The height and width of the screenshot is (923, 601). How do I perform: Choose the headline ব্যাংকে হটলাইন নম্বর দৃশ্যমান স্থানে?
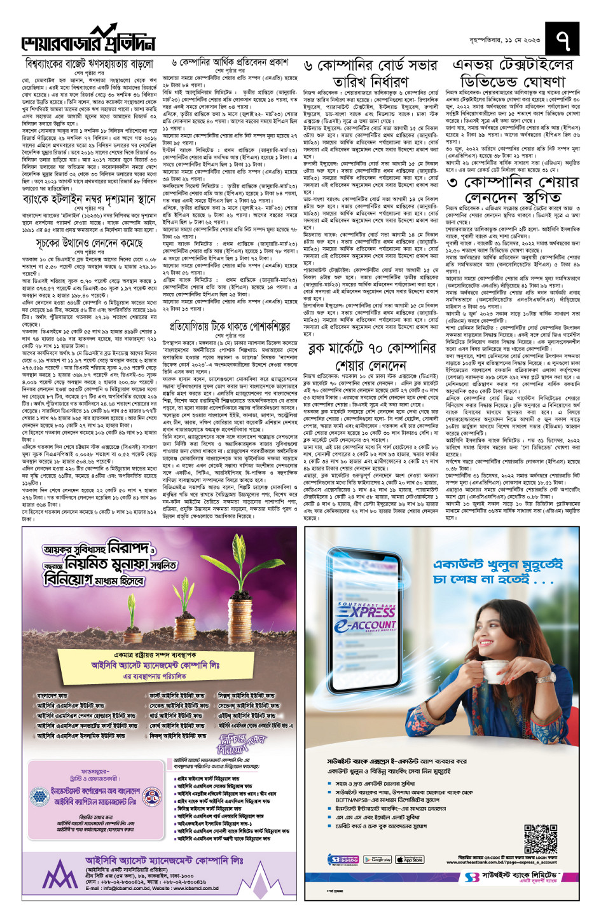[x=89, y=200]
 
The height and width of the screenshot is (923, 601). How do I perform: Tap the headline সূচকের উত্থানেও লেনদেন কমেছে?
[x=89, y=243]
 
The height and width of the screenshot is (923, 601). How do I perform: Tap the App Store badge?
[x=410, y=859]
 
